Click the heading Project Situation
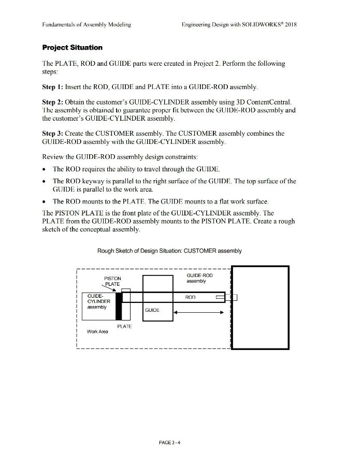point(72,48)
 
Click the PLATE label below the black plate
point(124,326)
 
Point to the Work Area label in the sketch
point(97,331)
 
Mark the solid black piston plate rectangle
point(119,306)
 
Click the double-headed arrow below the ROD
point(199,312)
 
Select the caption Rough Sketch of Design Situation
point(169,251)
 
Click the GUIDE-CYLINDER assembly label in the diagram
point(97,302)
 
